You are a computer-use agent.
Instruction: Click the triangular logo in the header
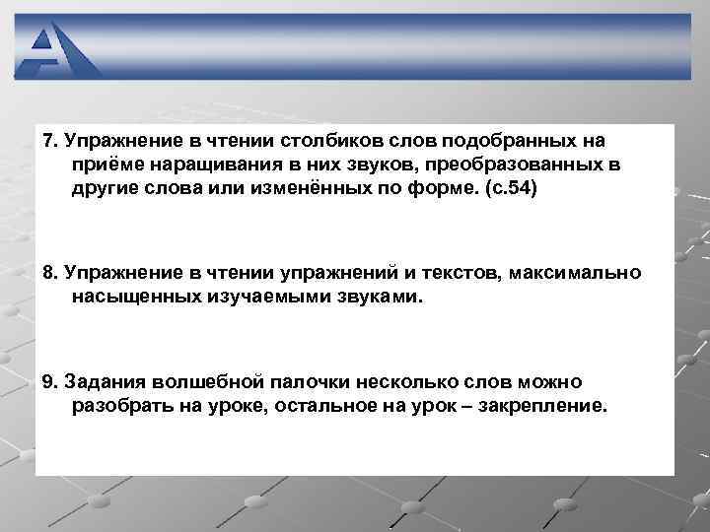pos(58,49)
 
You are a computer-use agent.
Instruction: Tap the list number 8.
pos(49,271)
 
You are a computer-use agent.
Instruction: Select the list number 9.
pos(49,381)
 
